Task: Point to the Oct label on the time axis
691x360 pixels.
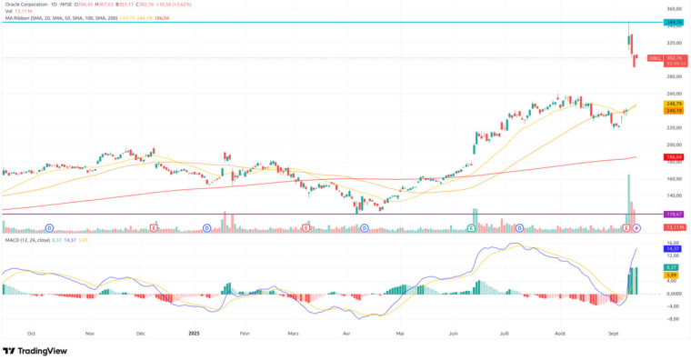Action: point(32,334)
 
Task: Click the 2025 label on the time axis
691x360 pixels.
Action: point(194,334)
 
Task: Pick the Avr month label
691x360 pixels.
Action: point(346,334)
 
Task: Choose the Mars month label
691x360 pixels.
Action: point(292,334)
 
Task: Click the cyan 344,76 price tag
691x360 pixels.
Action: point(674,21)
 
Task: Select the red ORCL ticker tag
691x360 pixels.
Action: point(655,58)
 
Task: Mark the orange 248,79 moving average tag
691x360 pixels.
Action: point(674,104)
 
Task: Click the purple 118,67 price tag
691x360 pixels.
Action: point(674,214)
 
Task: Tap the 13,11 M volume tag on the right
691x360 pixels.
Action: point(674,226)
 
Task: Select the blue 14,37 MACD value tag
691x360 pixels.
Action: point(674,248)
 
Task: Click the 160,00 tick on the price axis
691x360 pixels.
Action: point(674,178)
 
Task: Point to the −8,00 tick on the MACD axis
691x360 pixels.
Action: point(674,319)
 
